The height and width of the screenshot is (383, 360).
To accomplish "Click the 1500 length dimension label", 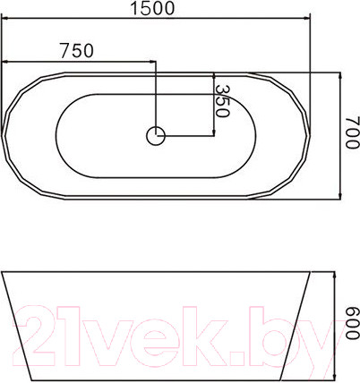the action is click(152, 8).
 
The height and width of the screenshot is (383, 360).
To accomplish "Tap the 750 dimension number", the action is click(77, 51).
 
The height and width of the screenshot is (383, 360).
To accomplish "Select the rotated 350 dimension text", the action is click(222, 101).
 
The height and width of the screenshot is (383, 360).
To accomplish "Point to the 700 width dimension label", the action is click(352, 132).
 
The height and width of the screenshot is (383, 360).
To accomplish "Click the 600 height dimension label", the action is click(352, 323).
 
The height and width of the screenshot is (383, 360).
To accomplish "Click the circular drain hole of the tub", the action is click(156, 136).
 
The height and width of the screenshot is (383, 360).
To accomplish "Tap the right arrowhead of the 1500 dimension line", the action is click(306, 18).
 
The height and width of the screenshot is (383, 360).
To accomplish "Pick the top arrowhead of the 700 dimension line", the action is click(340, 77).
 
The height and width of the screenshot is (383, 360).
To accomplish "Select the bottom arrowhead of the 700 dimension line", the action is click(340, 194).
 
